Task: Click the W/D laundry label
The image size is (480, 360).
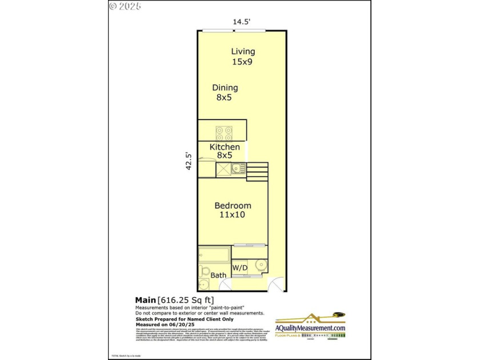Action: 239,267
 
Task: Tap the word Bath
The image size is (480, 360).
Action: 218,275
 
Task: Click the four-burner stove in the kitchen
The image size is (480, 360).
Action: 223,133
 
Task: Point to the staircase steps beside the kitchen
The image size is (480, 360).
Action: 257,172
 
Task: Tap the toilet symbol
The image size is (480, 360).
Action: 203,271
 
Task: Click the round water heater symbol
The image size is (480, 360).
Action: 261,265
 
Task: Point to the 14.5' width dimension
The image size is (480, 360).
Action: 242,22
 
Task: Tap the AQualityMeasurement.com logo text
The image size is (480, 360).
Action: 310,328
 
